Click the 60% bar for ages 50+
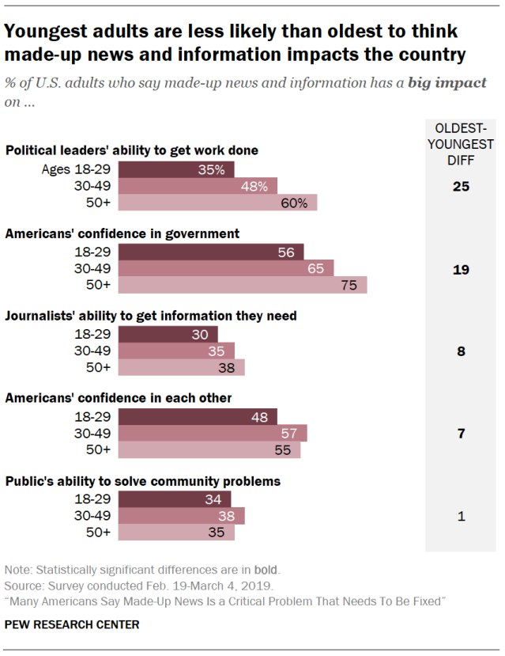[217, 203]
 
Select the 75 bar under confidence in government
[242, 285]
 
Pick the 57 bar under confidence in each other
[212, 433]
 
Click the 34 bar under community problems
[175, 499]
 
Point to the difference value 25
[462, 187]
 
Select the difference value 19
[462, 269]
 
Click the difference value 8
[462, 351]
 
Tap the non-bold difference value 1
[462, 516]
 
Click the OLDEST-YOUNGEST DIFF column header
[462, 144]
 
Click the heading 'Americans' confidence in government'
[122, 233]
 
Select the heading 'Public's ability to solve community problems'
[143, 480]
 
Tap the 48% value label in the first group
[254, 186]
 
